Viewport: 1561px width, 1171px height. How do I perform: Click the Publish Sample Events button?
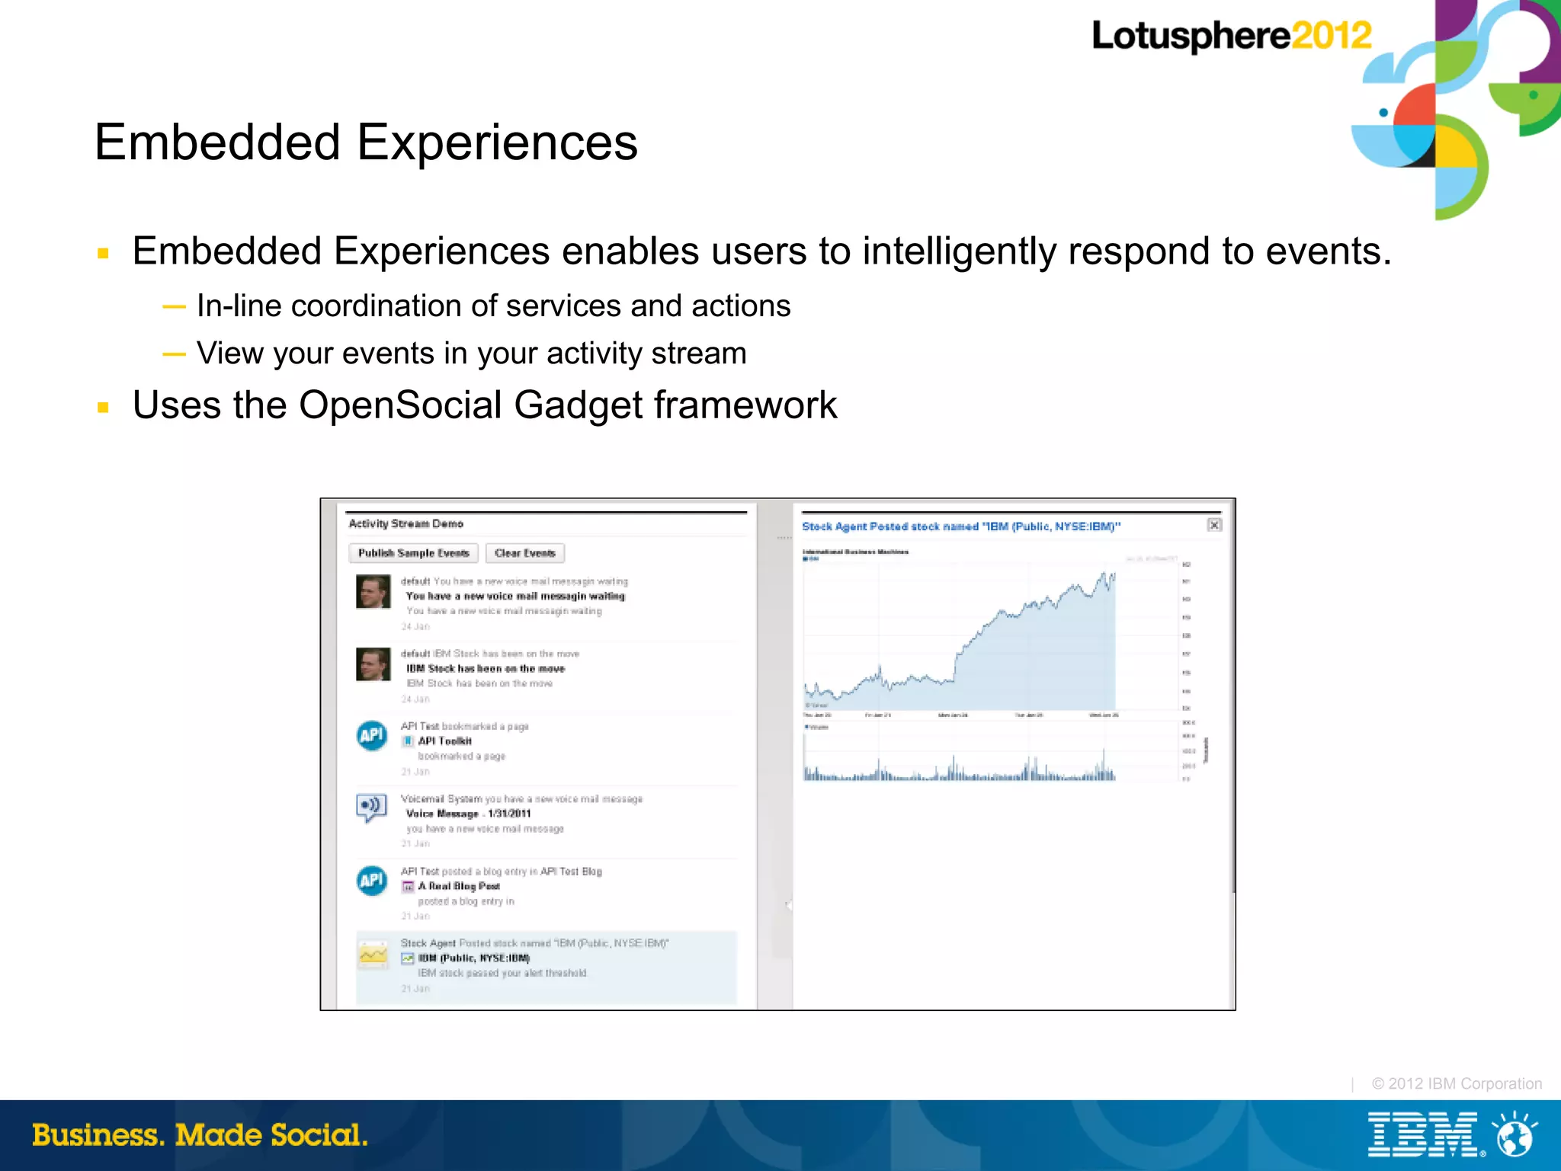[x=413, y=553]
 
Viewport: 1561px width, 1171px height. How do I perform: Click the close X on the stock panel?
[x=1214, y=525]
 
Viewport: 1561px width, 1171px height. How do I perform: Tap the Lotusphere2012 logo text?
[x=1231, y=36]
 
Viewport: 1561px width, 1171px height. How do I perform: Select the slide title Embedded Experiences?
[x=366, y=142]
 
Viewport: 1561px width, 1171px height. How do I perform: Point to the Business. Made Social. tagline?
[x=200, y=1135]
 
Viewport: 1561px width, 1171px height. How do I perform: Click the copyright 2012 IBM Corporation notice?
[x=1456, y=1083]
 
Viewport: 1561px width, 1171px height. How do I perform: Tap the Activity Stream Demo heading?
[x=405, y=524]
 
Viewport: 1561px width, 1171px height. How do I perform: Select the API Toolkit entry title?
[x=444, y=741]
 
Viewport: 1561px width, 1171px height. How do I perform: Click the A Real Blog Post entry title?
[x=458, y=886]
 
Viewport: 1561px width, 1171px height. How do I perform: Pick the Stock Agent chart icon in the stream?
[x=373, y=955]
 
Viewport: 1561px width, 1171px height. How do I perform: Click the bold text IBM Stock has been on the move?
[x=486, y=669]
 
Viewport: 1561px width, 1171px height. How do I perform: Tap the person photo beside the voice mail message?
[x=373, y=592]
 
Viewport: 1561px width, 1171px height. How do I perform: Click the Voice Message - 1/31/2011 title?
[x=468, y=814]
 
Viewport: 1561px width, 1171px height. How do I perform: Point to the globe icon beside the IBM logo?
[x=1514, y=1134]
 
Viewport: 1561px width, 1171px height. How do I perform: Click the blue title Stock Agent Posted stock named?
[x=960, y=526]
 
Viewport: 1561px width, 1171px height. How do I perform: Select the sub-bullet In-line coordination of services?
[x=493, y=306]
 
